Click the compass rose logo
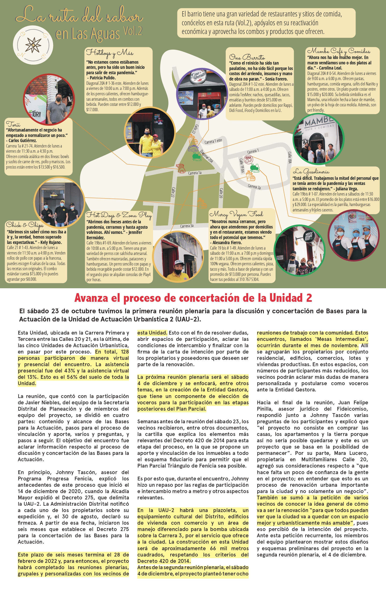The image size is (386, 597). pyautogui.click(x=33, y=45)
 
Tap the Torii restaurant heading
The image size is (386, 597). pyautogui.click(x=13, y=124)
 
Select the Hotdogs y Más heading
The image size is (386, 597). pyautogui.click(x=110, y=53)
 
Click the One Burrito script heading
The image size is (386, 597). pyautogui.click(x=247, y=57)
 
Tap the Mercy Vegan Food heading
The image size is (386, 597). pyautogui.click(x=236, y=214)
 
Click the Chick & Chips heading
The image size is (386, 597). pyautogui.click(x=25, y=225)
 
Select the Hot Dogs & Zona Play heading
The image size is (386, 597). pyautogui.click(x=119, y=215)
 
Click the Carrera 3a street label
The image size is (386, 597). pyautogui.click(x=187, y=226)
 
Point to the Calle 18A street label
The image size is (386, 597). pyautogui.click(x=290, y=158)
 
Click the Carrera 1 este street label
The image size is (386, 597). pyautogui.click(x=213, y=141)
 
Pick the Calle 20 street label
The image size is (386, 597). pyautogui.click(x=221, y=193)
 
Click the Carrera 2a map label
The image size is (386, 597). pyautogui.click(x=254, y=187)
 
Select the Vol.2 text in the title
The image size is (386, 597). pyautogui.click(x=133, y=31)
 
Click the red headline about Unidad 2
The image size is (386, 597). pyautogui.click(x=193, y=298)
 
